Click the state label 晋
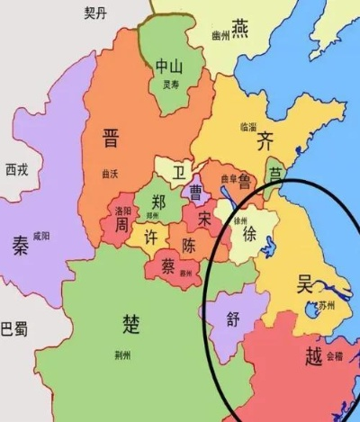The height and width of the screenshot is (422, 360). (111, 139)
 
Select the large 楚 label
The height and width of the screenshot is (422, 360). (131, 321)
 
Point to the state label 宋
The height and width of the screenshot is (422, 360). (206, 219)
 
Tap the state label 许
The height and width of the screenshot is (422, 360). (151, 238)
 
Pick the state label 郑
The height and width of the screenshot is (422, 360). (158, 201)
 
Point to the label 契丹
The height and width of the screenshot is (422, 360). (94, 13)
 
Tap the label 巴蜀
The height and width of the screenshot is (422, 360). (13, 328)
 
